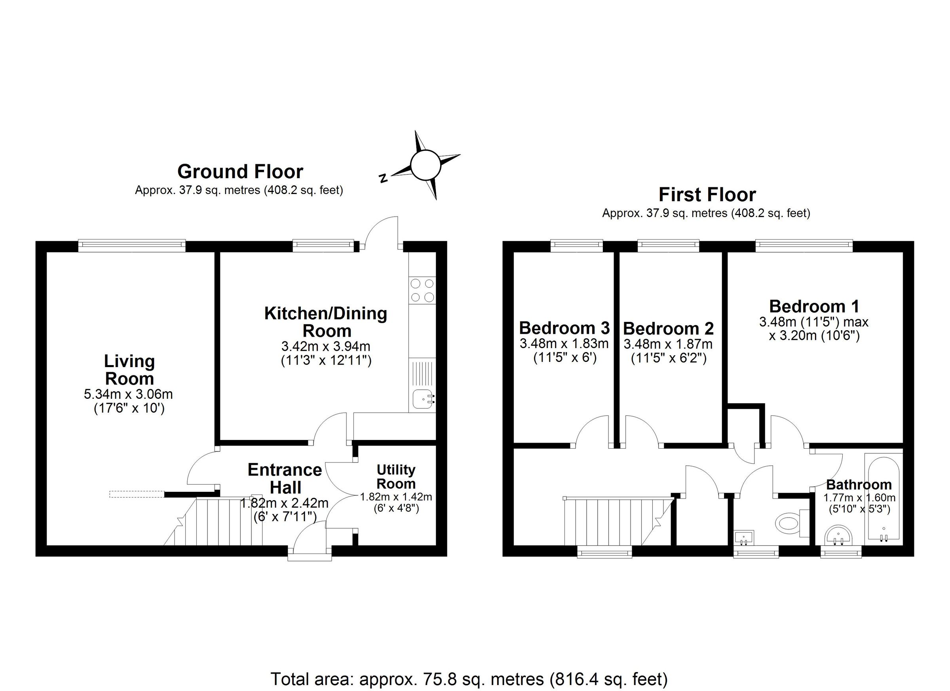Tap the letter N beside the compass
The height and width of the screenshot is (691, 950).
tap(382, 179)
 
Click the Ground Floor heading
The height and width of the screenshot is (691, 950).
tap(240, 171)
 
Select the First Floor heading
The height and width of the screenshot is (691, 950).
tap(707, 194)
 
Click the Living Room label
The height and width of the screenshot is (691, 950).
tap(129, 369)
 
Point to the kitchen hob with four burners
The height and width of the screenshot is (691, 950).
tap(422, 290)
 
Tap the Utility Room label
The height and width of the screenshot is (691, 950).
tap(395, 476)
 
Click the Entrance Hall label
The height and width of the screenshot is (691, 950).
tap(285, 478)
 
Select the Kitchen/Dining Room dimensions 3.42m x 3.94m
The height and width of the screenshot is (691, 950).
tap(326, 346)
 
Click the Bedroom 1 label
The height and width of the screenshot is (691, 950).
tap(814, 306)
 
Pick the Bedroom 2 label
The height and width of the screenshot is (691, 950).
tap(668, 329)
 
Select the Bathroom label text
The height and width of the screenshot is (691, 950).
tap(859, 485)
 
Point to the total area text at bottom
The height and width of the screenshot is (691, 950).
tap(469, 679)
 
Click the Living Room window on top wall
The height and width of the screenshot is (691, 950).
tap(132, 246)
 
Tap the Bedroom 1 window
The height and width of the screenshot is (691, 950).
tap(804, 246)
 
